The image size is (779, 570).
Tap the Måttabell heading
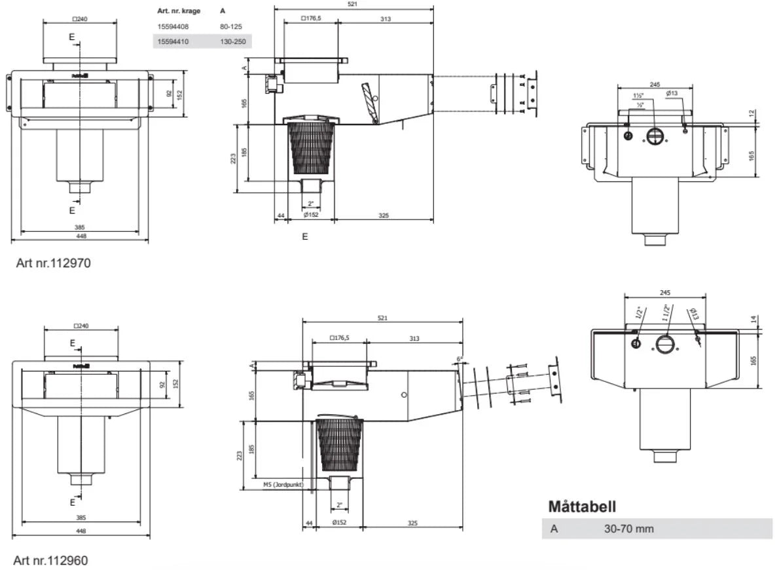[x=583, y=507]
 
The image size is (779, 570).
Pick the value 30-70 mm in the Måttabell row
[x=628, y=529]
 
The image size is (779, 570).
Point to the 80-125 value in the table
[x=232, y=27]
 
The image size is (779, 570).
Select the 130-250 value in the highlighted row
[x=233, y=41]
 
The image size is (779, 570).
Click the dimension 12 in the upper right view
[x=752, y=113]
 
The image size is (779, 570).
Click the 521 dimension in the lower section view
[x=382, y=318]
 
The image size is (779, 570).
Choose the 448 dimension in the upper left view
[x=81, y=236]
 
